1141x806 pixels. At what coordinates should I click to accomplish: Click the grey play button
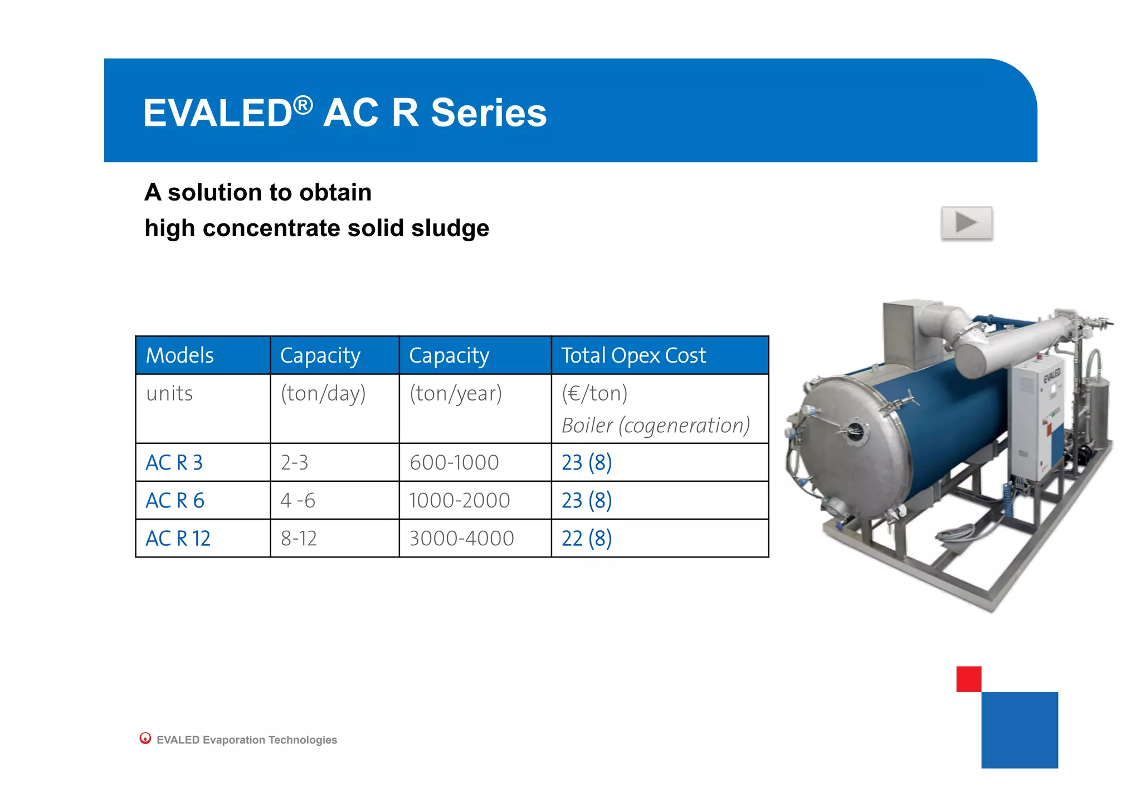pos(967,223)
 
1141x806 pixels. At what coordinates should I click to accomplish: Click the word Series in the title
pos(489,113)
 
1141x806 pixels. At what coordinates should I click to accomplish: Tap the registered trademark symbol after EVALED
pos(303,104)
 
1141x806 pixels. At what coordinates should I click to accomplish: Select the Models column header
pos(179,355)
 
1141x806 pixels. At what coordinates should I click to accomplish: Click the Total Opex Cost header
pos(633,355)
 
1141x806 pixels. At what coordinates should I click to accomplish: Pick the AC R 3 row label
pos(174,463)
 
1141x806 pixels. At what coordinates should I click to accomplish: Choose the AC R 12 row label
pos(178,539)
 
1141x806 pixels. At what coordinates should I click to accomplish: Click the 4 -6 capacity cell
pos(298,501)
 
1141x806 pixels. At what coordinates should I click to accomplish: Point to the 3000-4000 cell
pos(461,539)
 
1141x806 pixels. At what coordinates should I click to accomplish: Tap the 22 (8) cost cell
pos(586,539)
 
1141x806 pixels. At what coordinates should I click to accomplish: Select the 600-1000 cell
pos(454,463)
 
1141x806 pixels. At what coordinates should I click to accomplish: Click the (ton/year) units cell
pos(455,394)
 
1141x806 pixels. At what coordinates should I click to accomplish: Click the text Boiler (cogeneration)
pos(655,426)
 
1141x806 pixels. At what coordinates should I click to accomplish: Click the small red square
pos(968,679)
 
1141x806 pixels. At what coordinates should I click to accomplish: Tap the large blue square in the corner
pos(1019,730)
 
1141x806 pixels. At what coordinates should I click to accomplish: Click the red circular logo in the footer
pos(145,738)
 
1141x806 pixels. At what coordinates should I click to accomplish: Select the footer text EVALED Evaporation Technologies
pos(246,740)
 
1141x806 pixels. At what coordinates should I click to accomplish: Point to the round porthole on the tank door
pos(855,431)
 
